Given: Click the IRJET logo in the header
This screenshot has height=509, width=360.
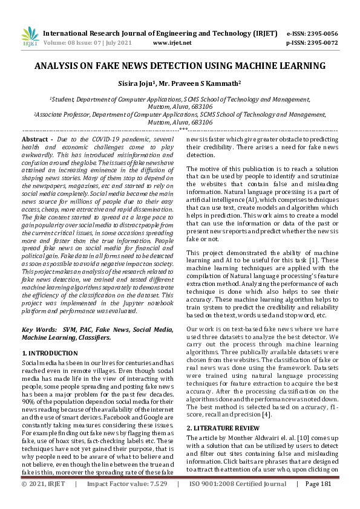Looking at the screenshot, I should point(29,37).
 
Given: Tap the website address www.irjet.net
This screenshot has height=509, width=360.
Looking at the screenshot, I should point(172,43).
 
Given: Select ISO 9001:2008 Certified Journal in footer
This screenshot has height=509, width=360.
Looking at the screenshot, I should point(238,501).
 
